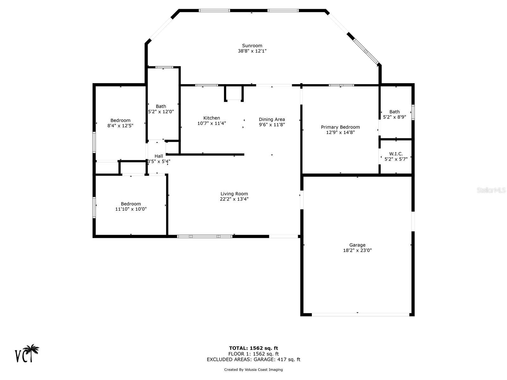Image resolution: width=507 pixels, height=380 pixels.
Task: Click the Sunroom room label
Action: click(252, 46)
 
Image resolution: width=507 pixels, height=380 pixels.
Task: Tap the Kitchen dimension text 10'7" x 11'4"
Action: click(212, 123)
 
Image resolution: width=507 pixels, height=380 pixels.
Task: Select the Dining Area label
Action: click(272, 119)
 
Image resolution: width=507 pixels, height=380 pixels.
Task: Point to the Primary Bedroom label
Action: click(340, 127)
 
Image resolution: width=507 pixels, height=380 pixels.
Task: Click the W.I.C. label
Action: click(396, 154)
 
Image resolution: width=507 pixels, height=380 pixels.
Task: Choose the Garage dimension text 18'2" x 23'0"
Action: click(357, 250)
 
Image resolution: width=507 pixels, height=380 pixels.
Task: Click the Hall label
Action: click(159, 156)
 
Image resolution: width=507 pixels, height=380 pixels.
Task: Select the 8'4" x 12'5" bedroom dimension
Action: click(120, 126)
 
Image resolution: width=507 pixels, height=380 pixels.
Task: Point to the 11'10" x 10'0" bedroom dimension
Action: click(131, 209)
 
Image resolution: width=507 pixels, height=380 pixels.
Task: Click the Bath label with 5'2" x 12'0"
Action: click(161, 106)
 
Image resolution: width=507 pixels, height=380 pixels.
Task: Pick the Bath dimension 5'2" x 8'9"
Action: click(395, 117)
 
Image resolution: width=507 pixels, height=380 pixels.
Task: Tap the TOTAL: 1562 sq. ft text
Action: click(253, 348)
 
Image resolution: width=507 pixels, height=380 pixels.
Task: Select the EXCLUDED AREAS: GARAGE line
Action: click(253, 359)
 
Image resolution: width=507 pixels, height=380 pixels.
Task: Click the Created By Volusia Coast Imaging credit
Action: click(253, 370)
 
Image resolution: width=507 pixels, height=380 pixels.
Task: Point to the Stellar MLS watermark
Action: click(491, 190)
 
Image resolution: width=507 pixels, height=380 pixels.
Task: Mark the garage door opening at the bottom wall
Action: click(361, 314)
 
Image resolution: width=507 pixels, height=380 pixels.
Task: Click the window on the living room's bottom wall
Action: click(205, 236)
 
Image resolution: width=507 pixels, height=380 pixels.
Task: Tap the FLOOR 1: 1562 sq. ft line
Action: click(253, 354)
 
